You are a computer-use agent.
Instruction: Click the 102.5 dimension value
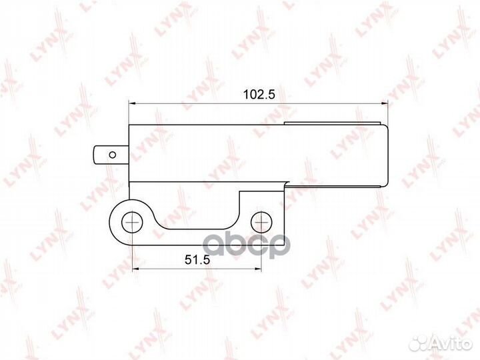pos(259,95)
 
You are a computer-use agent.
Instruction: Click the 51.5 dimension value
pos(197,260)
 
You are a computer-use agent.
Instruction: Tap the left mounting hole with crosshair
pos(132,222)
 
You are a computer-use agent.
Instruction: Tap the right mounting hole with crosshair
pos(261,222)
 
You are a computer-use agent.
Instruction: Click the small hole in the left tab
pos(113,155)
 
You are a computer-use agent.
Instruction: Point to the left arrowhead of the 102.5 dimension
pos(132,103)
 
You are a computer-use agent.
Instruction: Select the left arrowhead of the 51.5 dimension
pos(135,269)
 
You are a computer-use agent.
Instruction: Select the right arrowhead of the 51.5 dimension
pos(258,269)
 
